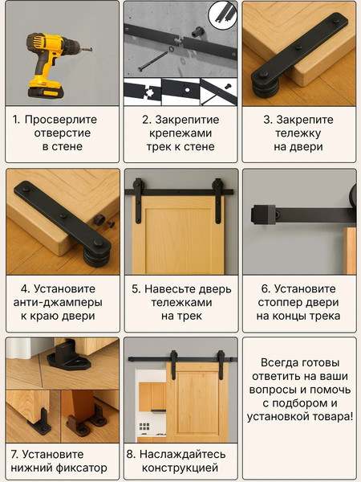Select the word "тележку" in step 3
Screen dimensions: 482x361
[298, 133]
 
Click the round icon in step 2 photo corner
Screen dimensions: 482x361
[224, 14]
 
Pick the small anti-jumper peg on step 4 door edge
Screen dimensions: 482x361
[99, 219]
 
